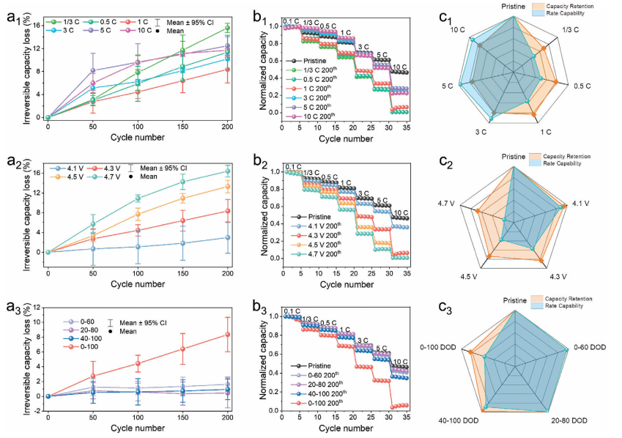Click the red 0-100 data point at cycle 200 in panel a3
click(x=227, y=335)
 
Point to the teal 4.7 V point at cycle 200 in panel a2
click(x=227, y=171)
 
